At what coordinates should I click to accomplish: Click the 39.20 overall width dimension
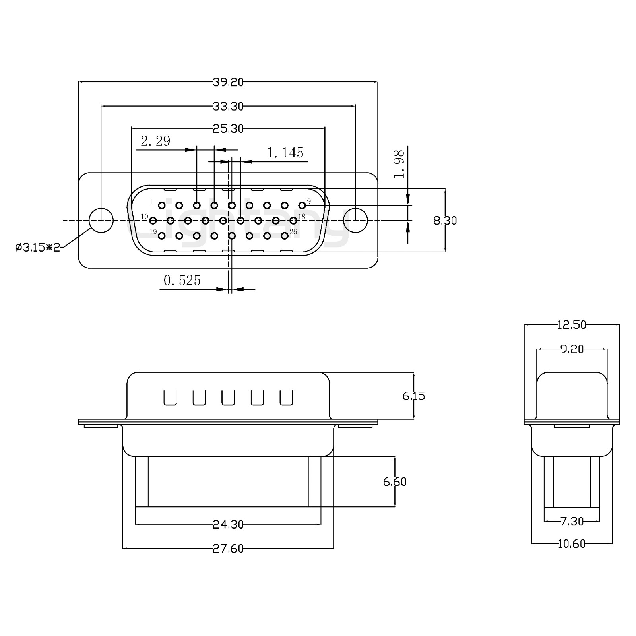pos(228,82)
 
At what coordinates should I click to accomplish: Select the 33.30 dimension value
pos(228,106)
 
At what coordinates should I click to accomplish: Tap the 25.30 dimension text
pos(228,128)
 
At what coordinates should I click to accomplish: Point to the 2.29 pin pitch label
pos(155,141)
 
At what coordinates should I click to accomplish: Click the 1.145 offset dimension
pos(285,153)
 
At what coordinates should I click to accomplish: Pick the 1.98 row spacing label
pos(399,164)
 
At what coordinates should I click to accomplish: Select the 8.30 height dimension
pos(445,220)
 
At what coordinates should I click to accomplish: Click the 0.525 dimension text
pos(182,281)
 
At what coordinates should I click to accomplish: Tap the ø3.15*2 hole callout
pos(37,248)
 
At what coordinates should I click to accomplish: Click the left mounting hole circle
pos(101,220)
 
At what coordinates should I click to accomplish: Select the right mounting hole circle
pos(355,220)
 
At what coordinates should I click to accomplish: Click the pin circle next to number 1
pos(162,206)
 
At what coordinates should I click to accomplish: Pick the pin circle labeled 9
pos(302,205)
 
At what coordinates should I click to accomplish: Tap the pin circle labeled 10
pos(153,220)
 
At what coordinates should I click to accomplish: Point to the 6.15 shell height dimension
pos(414,396)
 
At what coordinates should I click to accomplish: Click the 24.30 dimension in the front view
pos(228,524)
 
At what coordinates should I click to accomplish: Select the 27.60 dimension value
pos(228,548)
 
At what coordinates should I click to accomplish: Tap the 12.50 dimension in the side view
pos(572,325)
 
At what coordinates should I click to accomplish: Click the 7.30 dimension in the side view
pos(572,521)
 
